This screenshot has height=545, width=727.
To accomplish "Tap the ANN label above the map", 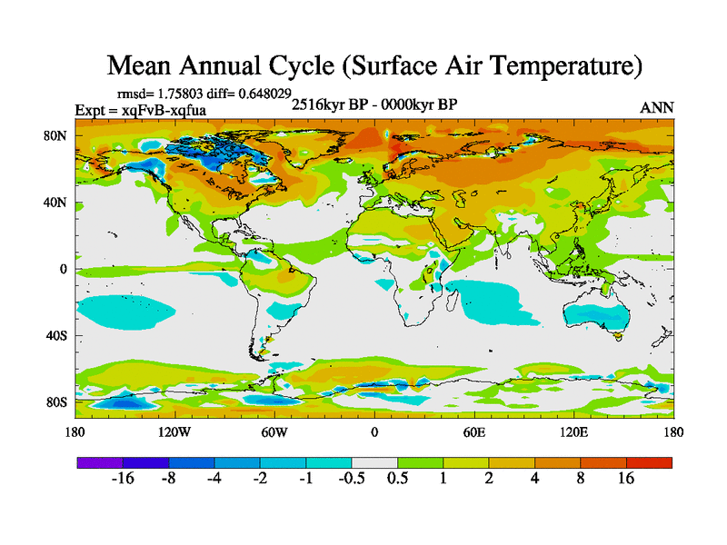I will pos(657,108).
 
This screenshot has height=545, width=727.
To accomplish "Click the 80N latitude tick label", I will pos(56,136).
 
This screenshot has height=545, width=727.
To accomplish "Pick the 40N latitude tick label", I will pos(56,203).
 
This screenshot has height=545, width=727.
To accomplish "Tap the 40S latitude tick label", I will pos(56,335).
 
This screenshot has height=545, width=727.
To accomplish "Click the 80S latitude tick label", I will pos(56,401).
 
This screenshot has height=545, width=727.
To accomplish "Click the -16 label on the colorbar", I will pos(122,479).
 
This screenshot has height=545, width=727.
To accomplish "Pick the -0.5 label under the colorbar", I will pos(351,479).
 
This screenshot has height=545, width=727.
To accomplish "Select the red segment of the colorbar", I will pos(649,461).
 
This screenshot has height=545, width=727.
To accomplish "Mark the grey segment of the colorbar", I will pos(374,461).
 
